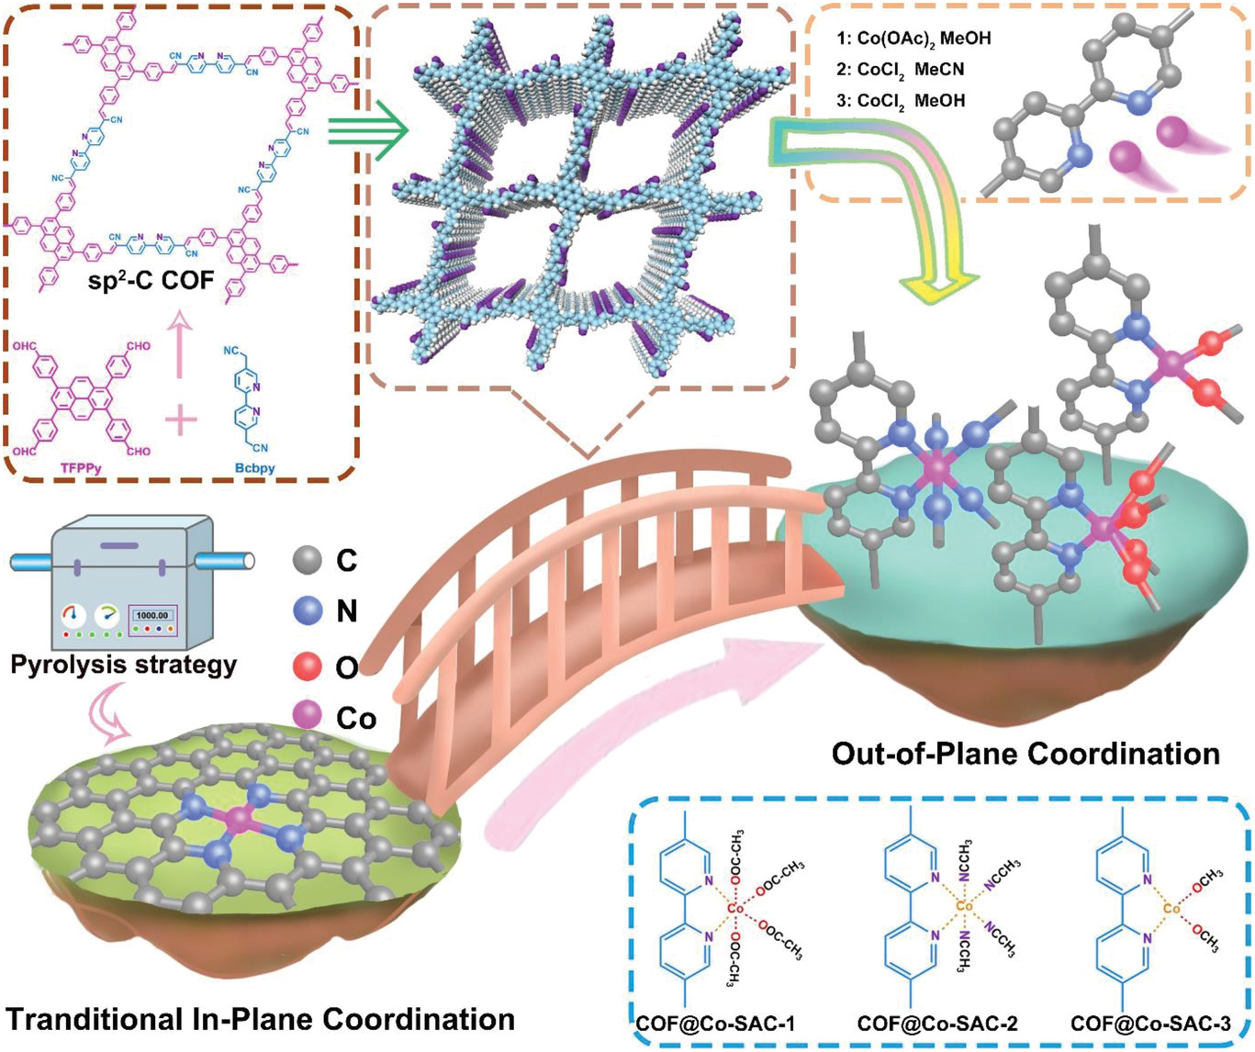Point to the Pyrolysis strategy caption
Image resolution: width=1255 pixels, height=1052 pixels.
(124, 664)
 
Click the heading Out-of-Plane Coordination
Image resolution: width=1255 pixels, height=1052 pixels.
(1025, 755)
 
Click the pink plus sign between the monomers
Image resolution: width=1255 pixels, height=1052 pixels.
(181, 422)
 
